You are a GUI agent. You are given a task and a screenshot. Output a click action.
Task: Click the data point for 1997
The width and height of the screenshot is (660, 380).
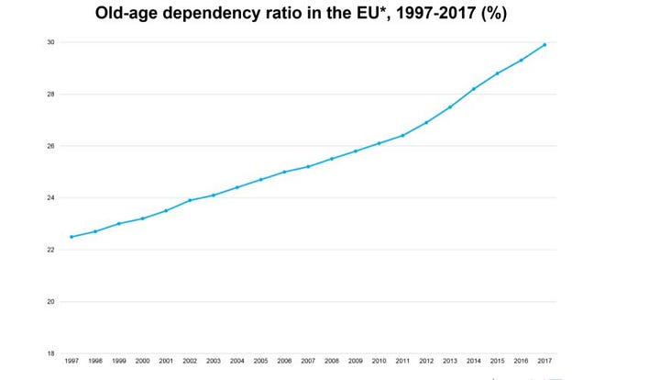[71, 237]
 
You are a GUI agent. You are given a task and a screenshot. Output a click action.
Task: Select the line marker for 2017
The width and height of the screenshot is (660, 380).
[544, 45]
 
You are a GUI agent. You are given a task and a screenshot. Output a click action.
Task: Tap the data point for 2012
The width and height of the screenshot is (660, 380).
[426, 122]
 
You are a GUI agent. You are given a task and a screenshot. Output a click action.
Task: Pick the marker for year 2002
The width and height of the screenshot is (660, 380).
[190, 200]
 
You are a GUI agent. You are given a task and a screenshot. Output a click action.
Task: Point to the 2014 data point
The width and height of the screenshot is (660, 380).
[474, 89]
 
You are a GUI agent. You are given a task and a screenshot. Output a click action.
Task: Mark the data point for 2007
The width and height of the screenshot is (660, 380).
[308, 166]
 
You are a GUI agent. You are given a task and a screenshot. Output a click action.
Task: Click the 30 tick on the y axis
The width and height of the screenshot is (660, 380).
[51, 42]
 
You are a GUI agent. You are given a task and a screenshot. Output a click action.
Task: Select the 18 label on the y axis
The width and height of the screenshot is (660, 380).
[51, 353]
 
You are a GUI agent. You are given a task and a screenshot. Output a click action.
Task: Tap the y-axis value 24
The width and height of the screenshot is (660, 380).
[51, 198]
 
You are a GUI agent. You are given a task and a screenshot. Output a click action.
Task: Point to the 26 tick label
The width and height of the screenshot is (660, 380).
[51, 146]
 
